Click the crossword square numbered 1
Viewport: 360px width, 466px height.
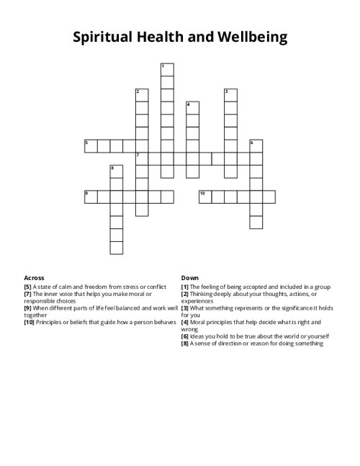point(167,69)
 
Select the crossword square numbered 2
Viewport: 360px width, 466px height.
point(141,95)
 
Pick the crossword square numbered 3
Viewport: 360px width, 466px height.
point(230,95)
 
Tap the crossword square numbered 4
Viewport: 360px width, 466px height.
point(192,107)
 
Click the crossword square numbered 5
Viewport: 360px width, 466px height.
point(91,145)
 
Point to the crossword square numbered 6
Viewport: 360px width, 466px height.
point(256,145)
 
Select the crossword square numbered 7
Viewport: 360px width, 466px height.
point(142,158)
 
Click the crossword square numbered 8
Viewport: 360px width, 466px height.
point(116,171)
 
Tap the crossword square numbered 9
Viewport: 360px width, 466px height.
point(91,197)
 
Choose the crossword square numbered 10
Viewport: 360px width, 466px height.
point(205,197)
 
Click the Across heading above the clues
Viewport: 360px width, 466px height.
point(34,277)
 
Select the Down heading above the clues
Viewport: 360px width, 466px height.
point(190,277)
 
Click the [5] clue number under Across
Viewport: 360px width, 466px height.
point(28,287)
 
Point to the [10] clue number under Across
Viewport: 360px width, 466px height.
point(30,322)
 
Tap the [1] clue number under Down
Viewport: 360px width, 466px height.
point(185,287)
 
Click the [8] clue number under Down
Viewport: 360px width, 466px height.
point(185,343)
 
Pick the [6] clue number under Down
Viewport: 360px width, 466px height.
point(185,336)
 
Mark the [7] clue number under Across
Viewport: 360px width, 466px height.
point(28,294)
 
